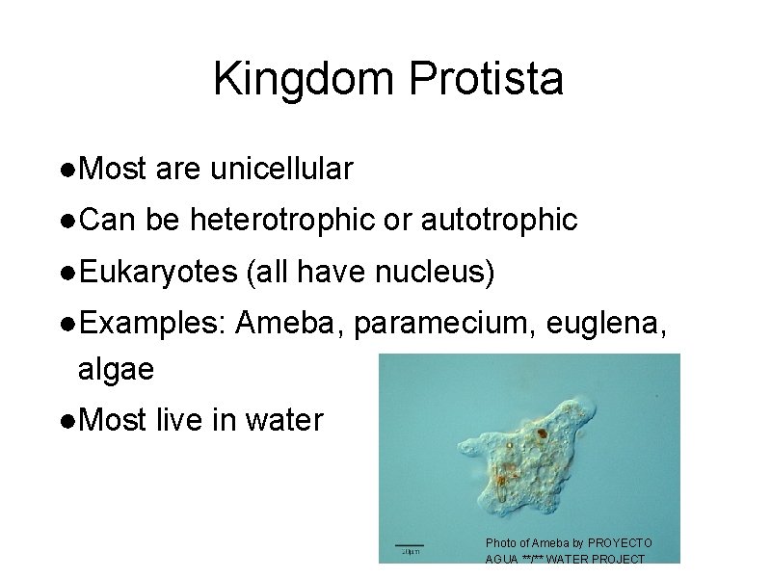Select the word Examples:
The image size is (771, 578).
[152, 324]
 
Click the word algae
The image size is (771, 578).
[115, 370]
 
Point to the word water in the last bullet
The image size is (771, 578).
[284, 421]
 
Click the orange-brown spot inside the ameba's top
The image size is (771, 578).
[542, 433]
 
